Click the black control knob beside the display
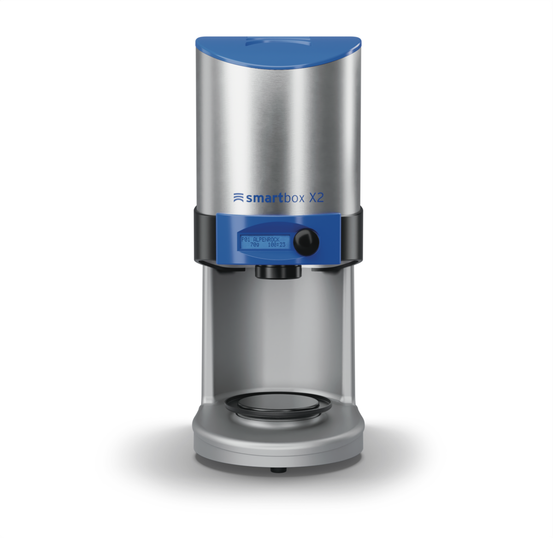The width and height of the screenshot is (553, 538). pyautogui.click(x=306, y=242)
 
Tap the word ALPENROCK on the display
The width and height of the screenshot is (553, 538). pyautogui.click(x=266, y=239)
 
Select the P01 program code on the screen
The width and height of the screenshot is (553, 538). pyautogui.click(x=246, y=239)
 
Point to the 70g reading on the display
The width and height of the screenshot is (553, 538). pyautogui.click(x=255, y=245)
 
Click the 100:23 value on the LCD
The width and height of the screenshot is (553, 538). pyautogui.click(x=276, y=245)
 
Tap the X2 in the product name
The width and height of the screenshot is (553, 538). pyautogui.click(x=316, y=198)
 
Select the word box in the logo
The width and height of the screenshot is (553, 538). pyautogui.click(x=294, y=198)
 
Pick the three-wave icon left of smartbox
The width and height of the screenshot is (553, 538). pyautogui.click(x=238, y=197)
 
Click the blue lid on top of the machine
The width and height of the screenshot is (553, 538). pyautogui.click(x=278, y=52)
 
